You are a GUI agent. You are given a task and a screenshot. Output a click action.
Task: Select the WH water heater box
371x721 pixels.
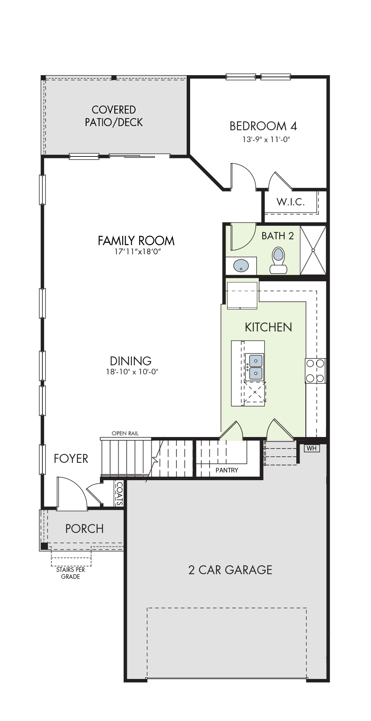pyautogui.click(x=312, y=448)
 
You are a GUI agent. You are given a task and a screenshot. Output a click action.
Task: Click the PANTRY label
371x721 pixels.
pyautogui.click(x=227, y=470)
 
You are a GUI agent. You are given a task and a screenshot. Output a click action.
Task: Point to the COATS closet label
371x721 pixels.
pyautogui.click(x=120, y=494)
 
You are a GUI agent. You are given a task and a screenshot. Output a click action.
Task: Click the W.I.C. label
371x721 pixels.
pyautogui.click(x=291, y=202)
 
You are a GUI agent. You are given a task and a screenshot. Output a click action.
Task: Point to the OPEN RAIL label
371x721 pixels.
pyautogui.click(x=125, y=434)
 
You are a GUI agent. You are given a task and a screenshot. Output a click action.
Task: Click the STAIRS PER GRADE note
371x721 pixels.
pyautogui.click(x=71, y=573)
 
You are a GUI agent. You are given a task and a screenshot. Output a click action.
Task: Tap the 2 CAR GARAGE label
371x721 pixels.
pyautogui.click(x=230, y=570)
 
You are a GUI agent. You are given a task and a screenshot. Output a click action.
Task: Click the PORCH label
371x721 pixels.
pyautogui.click(x=84, y=528)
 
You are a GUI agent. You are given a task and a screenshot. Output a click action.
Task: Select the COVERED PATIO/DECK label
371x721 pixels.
pyautogui.click(x=114, y=116)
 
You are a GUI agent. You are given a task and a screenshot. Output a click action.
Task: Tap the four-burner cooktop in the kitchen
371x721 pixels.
pyautogui.click(x=315, y=371)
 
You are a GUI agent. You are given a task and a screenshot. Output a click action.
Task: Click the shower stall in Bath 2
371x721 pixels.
pyautogui.click(x=313, y=250)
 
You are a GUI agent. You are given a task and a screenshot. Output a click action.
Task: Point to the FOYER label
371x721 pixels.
pyautogui.click(x=71, y=459)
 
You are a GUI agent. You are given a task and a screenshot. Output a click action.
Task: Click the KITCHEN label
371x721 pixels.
pyautogui.click(x=268, y=327)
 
